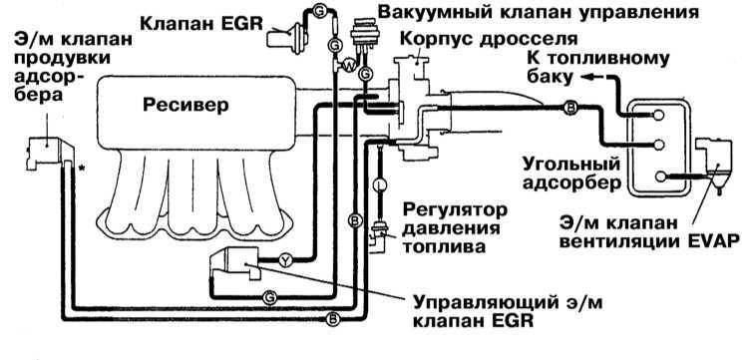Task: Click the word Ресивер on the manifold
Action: pyautogui.click(x=186, y=106)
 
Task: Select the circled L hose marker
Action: pyautogui.click(x=380, y=183)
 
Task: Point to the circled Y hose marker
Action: pyautogui.click(x=285, y=260)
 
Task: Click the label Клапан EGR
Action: pyautogui.click(x=201, y=22)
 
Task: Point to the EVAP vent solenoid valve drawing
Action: pyautogui.click(x=713, y=162)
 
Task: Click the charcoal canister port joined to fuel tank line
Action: pyautogui.click(x=659, y=115)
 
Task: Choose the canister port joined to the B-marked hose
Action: pyautogui.click(x=659, y=145)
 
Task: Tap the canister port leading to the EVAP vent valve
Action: pyautogui.click(x=660, y=177)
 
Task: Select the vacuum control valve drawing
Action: pyautogui.click(x=363, y=33)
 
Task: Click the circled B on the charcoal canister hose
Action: pyautogui.click(x=570, y=108)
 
